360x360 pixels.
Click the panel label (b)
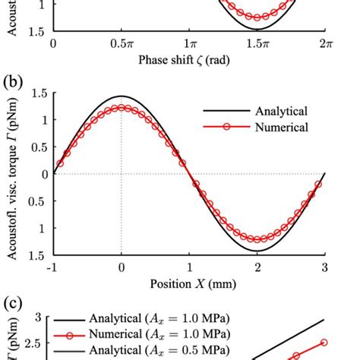(13, 79)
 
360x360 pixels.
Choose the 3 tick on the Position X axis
(326, 267)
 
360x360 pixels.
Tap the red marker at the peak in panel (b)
(121, 108)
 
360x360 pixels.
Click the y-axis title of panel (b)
(13, 173)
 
